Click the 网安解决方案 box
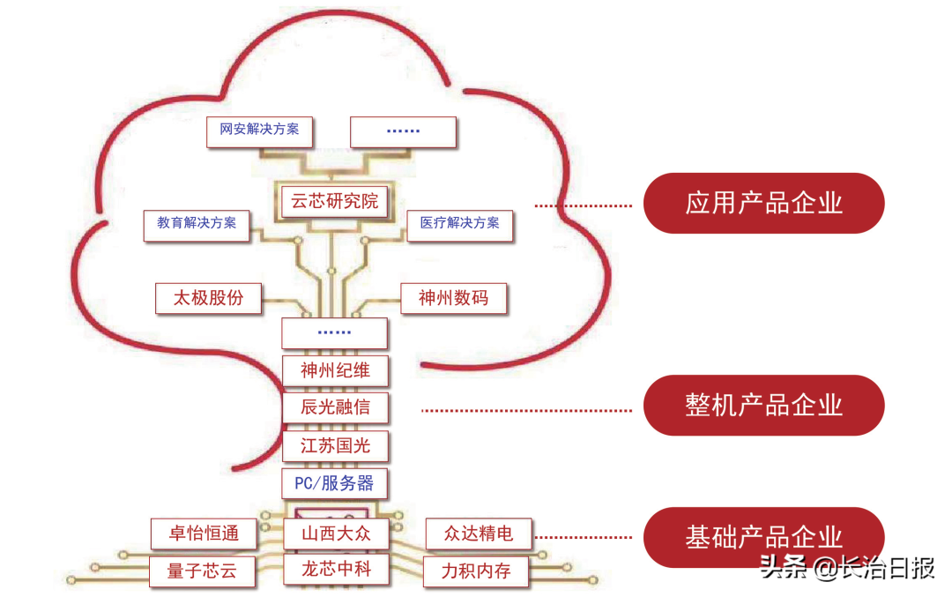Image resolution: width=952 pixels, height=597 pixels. tap(259, 130)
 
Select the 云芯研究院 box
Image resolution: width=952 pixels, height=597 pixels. tap(334, 201)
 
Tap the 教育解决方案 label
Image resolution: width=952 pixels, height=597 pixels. tap(197, 223)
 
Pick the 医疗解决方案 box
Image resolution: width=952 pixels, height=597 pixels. tap(459, 223)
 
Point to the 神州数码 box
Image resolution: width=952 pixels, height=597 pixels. tap(454, 298)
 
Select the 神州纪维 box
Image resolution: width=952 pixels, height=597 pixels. tap(334, 370)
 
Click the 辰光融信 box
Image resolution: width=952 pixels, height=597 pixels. tap(334, 407)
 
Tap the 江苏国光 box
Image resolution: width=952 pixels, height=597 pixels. tap(334, 445)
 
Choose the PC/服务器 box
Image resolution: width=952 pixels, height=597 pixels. tap(334, 483)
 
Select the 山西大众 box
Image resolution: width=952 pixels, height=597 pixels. tap(336, 534)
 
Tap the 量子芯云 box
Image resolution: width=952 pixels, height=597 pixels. tap(202, 571)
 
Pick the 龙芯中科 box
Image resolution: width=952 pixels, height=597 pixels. tap(336, 570)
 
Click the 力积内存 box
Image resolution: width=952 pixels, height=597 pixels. tap(476, 571)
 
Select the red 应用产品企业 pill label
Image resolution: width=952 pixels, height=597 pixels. tap(763, 203)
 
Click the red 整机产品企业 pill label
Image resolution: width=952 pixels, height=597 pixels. tap(763, 405)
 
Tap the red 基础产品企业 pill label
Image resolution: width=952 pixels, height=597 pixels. tap(763, 536)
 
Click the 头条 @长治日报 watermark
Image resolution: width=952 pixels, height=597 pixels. tap(846, 569)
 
